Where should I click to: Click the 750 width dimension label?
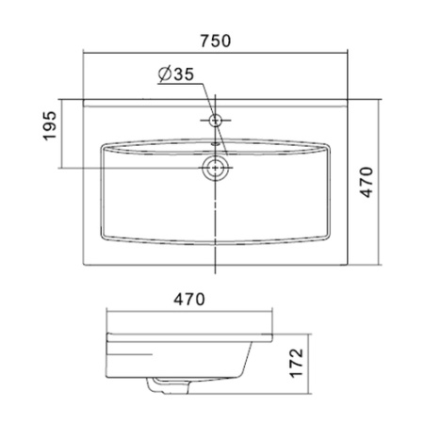216,41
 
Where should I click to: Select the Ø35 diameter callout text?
176,74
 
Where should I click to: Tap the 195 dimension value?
50,125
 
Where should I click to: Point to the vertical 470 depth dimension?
367,182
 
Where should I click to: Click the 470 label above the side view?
189,299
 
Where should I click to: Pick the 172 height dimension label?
296,363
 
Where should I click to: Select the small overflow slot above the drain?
215,144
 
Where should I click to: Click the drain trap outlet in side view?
168,386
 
